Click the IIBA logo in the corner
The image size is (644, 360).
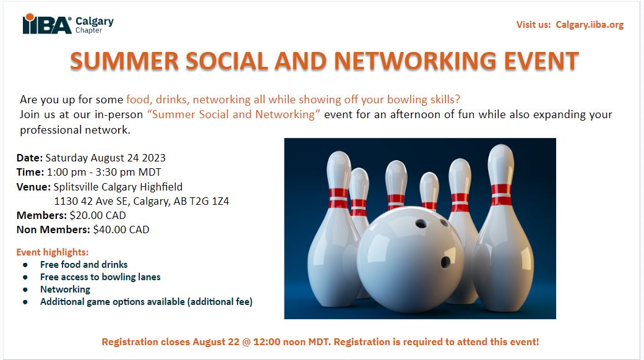[x=47, y=24]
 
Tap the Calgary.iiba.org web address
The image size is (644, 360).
[x=590, y=25]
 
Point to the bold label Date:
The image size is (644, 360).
[x=29, y=158]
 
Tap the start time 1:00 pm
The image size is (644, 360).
[x=66, y=172]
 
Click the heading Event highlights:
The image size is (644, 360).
[x=53, y=252]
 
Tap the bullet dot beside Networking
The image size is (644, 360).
[x=25, y=289]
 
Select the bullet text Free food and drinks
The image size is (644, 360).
[x=84, y=264]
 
